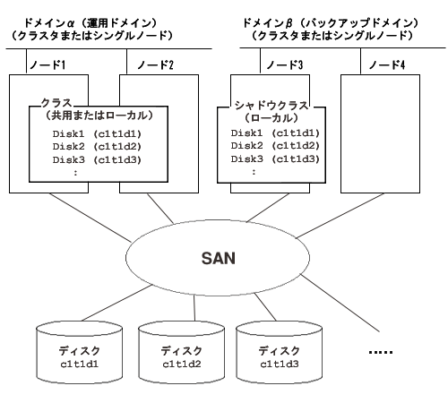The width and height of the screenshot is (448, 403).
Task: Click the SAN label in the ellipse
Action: pos(219,259)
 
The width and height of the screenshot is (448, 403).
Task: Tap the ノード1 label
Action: pos(47,64)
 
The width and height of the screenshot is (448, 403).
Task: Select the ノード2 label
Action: pos(155,64)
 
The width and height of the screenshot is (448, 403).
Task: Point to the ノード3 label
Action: pos(285,64)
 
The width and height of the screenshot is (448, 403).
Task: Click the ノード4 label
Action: pos(387,64)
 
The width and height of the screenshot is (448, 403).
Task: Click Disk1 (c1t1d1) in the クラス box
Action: pos(97,133)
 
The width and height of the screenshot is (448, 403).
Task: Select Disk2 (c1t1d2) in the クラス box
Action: pos(97,147)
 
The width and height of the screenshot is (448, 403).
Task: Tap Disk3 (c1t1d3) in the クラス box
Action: pos(97,159)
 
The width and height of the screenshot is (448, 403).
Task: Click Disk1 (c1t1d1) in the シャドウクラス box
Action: pos(275,133)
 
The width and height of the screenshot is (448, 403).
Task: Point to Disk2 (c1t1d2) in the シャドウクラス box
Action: pos(275,146)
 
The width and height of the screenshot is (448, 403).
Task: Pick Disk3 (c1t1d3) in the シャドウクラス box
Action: pos(275,159)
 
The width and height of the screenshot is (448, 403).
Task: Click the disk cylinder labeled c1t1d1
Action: pos(79,353)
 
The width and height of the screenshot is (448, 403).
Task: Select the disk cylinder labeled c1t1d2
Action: pos(182,353)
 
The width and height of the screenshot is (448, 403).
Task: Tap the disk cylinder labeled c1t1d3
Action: pos(280,353)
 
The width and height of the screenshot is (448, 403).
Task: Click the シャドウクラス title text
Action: pos(271,106)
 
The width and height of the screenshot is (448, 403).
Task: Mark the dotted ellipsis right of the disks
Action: pos(381,352)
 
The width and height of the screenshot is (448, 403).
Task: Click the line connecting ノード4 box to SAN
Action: pos(340,216)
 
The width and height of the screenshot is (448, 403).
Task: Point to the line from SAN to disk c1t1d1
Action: pos(116,303)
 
